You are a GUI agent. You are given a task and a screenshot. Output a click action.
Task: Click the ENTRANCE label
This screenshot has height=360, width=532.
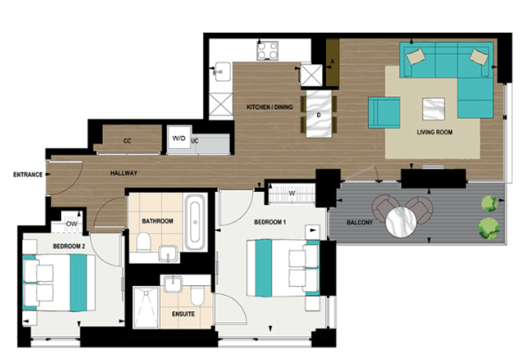pos(28,175)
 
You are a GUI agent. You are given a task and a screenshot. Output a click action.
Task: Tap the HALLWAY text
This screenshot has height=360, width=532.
pos(124,173)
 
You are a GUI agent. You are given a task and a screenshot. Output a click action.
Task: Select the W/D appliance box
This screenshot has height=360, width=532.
pos(180,138)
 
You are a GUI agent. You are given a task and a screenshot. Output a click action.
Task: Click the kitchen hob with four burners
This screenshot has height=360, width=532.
pos(268,50)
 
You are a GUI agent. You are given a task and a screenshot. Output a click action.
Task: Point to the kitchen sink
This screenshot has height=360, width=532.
pos(222,72)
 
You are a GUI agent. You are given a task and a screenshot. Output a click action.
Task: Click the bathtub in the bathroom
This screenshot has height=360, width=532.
pos(195,222)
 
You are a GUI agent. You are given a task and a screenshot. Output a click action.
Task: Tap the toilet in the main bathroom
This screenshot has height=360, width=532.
pos(144,241)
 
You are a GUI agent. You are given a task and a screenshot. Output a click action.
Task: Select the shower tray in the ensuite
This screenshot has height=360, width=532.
pos(146,307)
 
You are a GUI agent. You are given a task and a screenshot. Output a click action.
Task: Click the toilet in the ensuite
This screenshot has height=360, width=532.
pos(197,295)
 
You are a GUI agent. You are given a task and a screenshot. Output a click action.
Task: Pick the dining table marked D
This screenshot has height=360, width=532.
pos(319,114)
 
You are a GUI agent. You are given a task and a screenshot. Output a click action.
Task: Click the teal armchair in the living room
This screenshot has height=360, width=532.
pos(384,113)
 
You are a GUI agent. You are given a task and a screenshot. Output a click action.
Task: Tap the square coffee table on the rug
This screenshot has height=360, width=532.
pos(434,109)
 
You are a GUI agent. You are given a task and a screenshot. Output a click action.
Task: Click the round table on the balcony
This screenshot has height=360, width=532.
pos(401,222)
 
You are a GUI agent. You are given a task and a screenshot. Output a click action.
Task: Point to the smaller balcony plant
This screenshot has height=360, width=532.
pos(489,203)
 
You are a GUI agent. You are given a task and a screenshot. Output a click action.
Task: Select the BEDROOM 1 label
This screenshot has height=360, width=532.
pos(270,222)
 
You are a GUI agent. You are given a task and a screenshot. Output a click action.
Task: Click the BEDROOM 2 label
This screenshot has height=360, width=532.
pos(69,246)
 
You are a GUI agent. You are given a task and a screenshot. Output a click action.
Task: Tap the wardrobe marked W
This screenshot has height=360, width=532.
pos(292,194)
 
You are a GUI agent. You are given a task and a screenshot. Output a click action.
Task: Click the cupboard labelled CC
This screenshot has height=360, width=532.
pos(128,139)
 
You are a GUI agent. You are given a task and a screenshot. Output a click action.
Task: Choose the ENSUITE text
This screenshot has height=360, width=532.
pos(183,314)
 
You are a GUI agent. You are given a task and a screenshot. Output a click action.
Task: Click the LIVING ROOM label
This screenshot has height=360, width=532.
pos(435,133)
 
